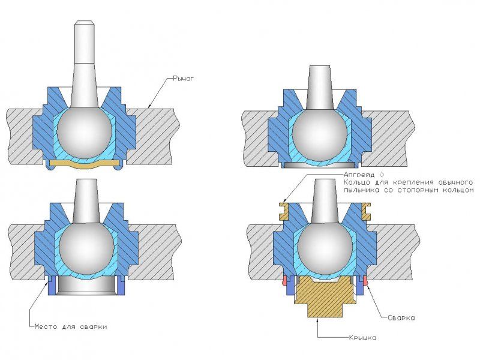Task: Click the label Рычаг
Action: click(184, 79)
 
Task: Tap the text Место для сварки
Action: click(71, 326)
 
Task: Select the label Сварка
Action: click(401, 318)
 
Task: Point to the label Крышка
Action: click(363, 338)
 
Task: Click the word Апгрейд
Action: click(359, 175)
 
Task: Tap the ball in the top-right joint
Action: click(320, 133)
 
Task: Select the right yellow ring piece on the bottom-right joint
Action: click(366, 211)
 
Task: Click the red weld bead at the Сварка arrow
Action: click(365, 280)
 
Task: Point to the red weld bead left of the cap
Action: click(284, 280)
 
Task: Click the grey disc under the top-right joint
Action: click(320, 164)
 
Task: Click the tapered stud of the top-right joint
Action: click(320, 88)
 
